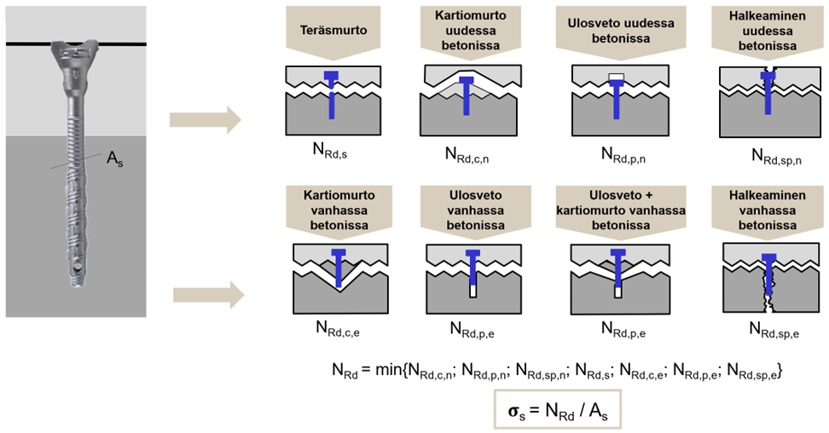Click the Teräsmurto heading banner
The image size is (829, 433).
click(x=333, y=30)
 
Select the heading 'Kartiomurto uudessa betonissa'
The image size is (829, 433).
click(x=471, y=31)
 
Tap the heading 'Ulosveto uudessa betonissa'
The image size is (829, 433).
click(x=621, y=31)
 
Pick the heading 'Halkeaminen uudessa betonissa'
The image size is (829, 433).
click(x=767, y=31)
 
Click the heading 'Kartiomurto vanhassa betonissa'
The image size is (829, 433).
click(x=339, y=210)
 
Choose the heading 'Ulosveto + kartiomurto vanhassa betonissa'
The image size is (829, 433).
click(x=621, y=210)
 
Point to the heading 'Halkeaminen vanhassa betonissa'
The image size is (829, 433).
click(x=767, y=210)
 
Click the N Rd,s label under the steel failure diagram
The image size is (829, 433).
click(x=330, y=150)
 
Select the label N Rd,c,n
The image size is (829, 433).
click(x=467, y=155)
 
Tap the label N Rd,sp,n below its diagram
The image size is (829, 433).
click(x=776, y=157)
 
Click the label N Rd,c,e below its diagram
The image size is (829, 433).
click(x=338, y=329)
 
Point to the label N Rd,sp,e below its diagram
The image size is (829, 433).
click(x=774, y=330)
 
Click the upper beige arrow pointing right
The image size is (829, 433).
click(x=206, y=120)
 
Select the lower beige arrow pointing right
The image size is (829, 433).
click(x=209, y=294)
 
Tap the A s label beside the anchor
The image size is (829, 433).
click(x=115, y=159)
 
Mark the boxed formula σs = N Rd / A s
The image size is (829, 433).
click(x=557, y=410)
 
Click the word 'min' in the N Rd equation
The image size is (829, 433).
click(x=388, y=370)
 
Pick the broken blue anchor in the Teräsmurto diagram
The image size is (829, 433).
click(x=332, y=95)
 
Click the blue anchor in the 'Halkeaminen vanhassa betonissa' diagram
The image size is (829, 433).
click(x=769, y=274)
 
